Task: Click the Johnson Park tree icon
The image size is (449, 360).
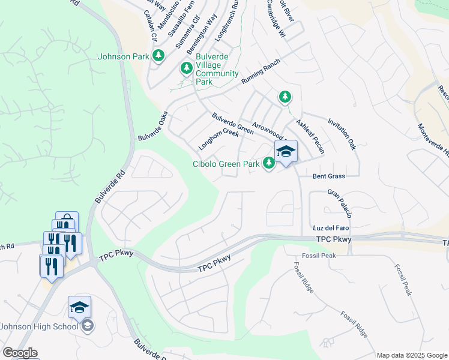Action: [158, 56]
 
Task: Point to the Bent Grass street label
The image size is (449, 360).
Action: [329, 176]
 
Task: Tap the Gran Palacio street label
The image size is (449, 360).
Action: [340, 203]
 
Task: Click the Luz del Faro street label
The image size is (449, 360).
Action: [331, 228]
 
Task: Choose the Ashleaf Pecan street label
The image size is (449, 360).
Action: [310, 136]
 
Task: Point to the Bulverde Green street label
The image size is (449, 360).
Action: [232, 123]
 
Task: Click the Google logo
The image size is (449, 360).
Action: [20, 353]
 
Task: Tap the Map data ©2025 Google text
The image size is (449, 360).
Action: [412, 355]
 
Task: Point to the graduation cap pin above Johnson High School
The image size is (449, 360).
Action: [79, 307]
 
